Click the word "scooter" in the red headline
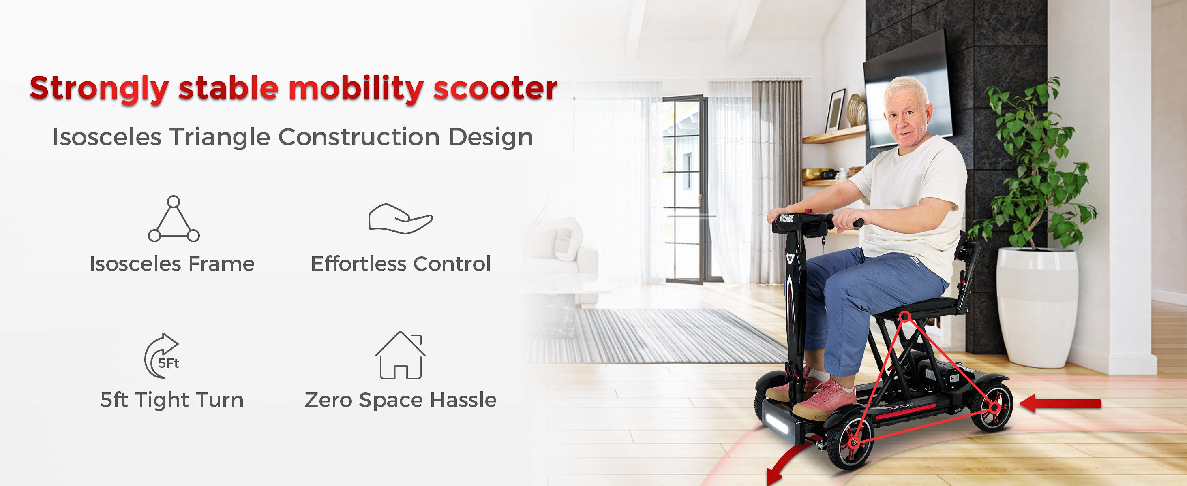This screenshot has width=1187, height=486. coord(495,88)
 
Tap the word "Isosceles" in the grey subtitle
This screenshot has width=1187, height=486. coord(107,137)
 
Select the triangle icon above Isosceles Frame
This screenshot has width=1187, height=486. coord(174,219)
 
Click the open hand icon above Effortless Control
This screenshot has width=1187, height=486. coord(400,219)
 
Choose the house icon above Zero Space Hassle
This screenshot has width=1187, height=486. coord(400,355)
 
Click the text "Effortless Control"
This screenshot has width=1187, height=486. coord(401,264)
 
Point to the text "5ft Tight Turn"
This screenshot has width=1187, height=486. coord(172,400)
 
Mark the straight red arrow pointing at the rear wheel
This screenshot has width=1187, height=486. coord(1060,404)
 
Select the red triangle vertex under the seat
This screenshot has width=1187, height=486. coord(905,316)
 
